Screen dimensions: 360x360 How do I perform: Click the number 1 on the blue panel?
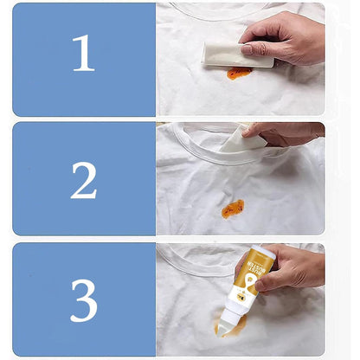tap(83, 54)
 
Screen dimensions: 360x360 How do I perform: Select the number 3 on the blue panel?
tap(83, 300)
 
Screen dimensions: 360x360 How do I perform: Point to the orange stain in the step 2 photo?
tap(232, 208)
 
